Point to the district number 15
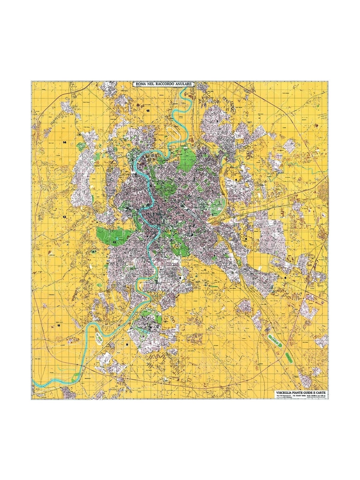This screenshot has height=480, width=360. [x=148, y=111]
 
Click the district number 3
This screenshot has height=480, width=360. [x=217, y=121]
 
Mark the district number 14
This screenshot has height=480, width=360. [x=64, y=142]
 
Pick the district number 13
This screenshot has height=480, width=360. [x=64, y=217]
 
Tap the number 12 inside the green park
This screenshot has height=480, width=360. [x=114, y=242]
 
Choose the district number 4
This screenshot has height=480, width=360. [x=236, y=180]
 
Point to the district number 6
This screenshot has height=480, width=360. [x=285, y=278]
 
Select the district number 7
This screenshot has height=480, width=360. [x=215, y=255]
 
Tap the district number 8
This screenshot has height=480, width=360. [x=180, y=278]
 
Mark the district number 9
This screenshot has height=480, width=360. [x=127, y=345]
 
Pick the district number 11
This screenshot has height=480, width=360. [x=59, y=325]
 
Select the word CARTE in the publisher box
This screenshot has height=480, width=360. [x=320, y=392]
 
